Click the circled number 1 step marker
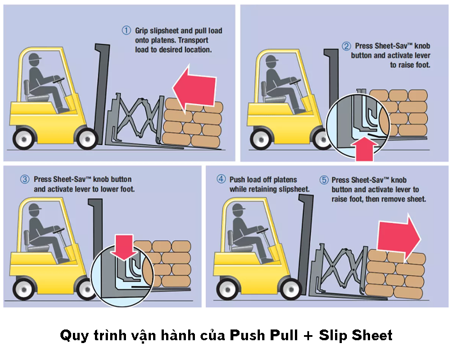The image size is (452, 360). pyautogui.click(x=127, y=30)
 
